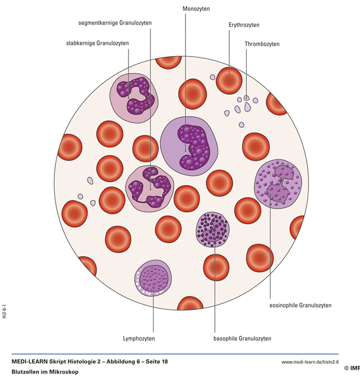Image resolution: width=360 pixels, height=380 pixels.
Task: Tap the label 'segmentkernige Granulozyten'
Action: click(x=115, y=23)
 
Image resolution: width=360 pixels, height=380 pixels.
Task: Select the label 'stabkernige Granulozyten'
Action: click(x=97, y=43)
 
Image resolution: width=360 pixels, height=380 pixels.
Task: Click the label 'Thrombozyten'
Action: click(x=262, y=44)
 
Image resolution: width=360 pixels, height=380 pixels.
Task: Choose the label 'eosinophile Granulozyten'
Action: click(x=300, y=306)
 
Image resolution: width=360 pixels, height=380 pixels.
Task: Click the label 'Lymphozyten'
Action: click(x=139, y=339)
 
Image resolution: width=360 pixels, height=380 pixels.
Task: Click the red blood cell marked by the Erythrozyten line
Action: click(x=228, y=81)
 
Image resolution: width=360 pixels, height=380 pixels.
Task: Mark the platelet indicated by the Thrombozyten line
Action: click(x=247, y=98)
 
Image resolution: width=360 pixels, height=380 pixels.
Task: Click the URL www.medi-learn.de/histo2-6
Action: click(x=310, y=362)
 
